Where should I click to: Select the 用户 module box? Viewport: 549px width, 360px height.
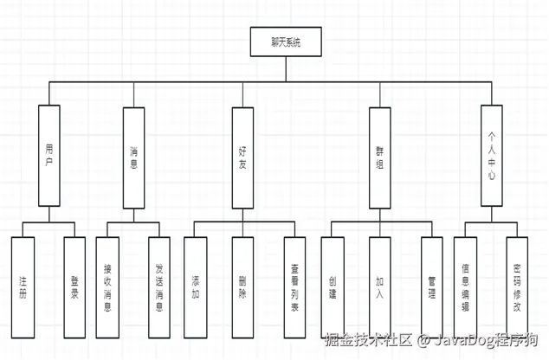coord(49,157)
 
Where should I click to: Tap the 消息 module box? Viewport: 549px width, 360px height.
coord(133,157)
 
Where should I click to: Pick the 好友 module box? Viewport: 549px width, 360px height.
coord(243,157)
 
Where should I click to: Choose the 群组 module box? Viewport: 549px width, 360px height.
coord(379,157)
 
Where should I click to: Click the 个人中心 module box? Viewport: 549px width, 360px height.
coord(493,157)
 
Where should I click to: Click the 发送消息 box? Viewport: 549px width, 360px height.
coord(159,286)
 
